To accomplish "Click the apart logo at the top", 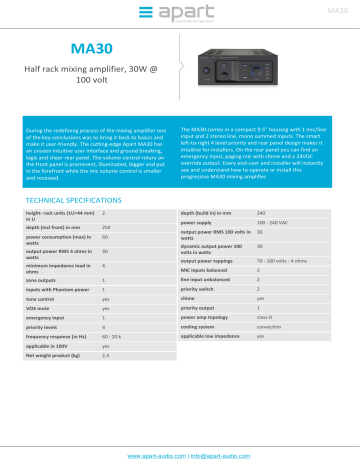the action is [179, 13].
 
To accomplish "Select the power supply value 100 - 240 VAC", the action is [277, 196].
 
